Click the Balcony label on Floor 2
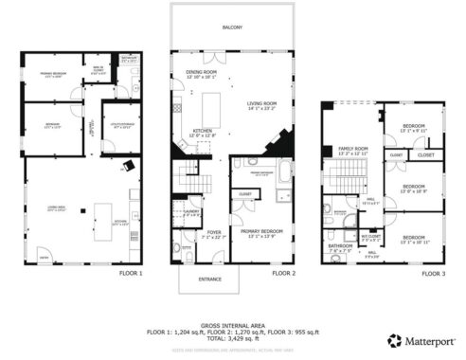coord(232,27)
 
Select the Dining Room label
coord(203,73)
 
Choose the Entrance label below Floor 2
coord(210,279)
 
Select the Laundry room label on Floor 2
coord(190,212)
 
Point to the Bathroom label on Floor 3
coord(340,244)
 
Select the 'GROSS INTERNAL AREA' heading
coord(232,322)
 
